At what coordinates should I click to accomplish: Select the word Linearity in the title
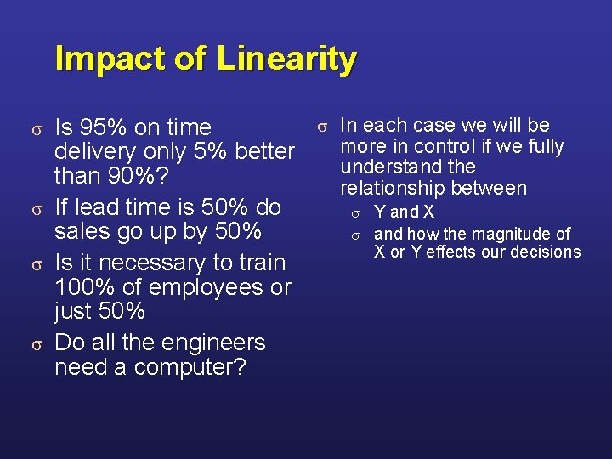[x=286, y=59]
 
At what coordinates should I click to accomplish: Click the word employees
[x=190, y=287]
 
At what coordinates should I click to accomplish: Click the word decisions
[x=542, y=252]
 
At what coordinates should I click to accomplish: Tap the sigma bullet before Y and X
[x=356, y=212]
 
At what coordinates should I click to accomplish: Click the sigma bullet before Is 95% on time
[x=37, y=128]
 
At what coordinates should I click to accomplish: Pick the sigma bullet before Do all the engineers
[x=37, y=343]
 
